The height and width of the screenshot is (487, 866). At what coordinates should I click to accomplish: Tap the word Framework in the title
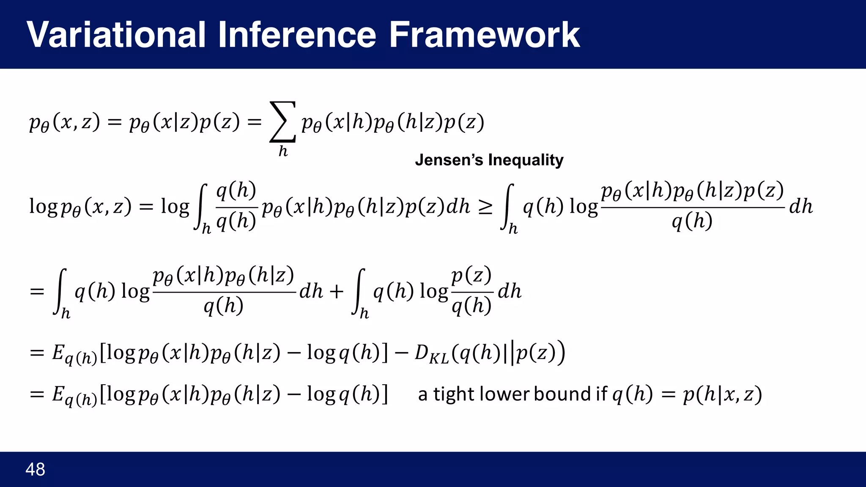484,35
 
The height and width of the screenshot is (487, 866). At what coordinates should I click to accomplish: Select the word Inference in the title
297,35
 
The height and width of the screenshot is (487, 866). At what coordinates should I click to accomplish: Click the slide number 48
35,470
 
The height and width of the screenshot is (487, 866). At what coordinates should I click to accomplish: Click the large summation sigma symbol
282,122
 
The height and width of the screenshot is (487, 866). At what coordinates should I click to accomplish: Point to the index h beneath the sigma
283,151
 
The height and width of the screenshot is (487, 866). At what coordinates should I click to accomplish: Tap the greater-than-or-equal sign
485,207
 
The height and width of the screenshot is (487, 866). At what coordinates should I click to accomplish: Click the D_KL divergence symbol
431,353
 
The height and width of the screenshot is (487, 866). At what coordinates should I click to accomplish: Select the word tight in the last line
452,394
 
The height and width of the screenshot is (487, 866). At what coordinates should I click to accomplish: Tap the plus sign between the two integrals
337,292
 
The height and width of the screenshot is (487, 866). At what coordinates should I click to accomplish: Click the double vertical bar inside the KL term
509,353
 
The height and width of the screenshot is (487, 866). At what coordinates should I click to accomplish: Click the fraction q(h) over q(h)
236,206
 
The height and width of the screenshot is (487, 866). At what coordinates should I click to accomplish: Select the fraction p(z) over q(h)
471,291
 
